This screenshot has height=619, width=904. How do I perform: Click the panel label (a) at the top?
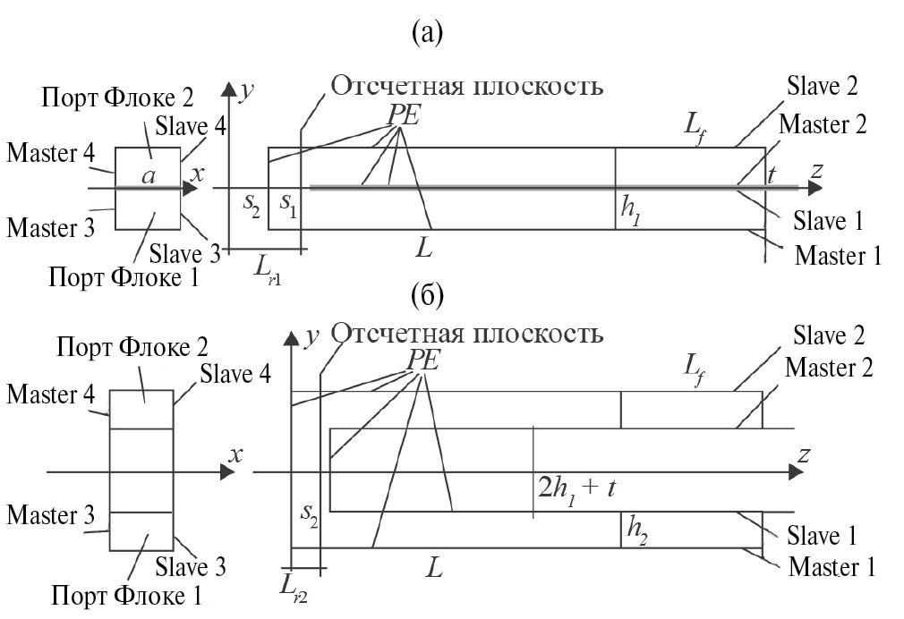coord(426,33)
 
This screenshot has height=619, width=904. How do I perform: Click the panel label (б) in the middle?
coord(426,294)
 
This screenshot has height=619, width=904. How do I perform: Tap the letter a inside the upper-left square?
coord(149,177)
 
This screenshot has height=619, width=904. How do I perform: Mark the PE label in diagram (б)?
coord(417,358)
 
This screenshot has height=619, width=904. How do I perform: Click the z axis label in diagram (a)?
coord(814,170)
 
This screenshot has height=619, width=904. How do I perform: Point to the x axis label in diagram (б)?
coord(236,455)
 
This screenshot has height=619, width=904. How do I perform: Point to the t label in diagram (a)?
coord(772,177)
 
